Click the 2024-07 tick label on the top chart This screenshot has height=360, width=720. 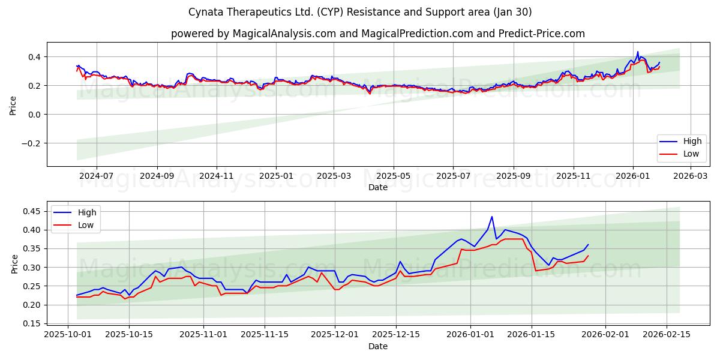pyautogui.click(x=96, y=176)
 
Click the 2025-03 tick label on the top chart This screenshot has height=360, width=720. pyautogui.click(x=334, y=176)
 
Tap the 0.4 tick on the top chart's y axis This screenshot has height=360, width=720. pyautogui.click(x=34, y=57)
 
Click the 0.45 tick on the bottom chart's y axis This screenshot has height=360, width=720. pyautogui.click(x=31, y=211)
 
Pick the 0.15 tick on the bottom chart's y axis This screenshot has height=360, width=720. pyautogui.click(x=31, y=324)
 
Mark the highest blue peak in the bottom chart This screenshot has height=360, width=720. pyautogui.click(x=492, y=217)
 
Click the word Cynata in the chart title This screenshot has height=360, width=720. pyautogui.click(x=206, y=12)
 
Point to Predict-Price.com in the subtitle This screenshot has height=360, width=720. pyautogui.click(x=542, y=34)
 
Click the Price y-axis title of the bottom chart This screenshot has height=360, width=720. pyautogui.click(x=14, y=263)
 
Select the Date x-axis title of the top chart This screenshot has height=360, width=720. pyautogui.click(x=378, y=187)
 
